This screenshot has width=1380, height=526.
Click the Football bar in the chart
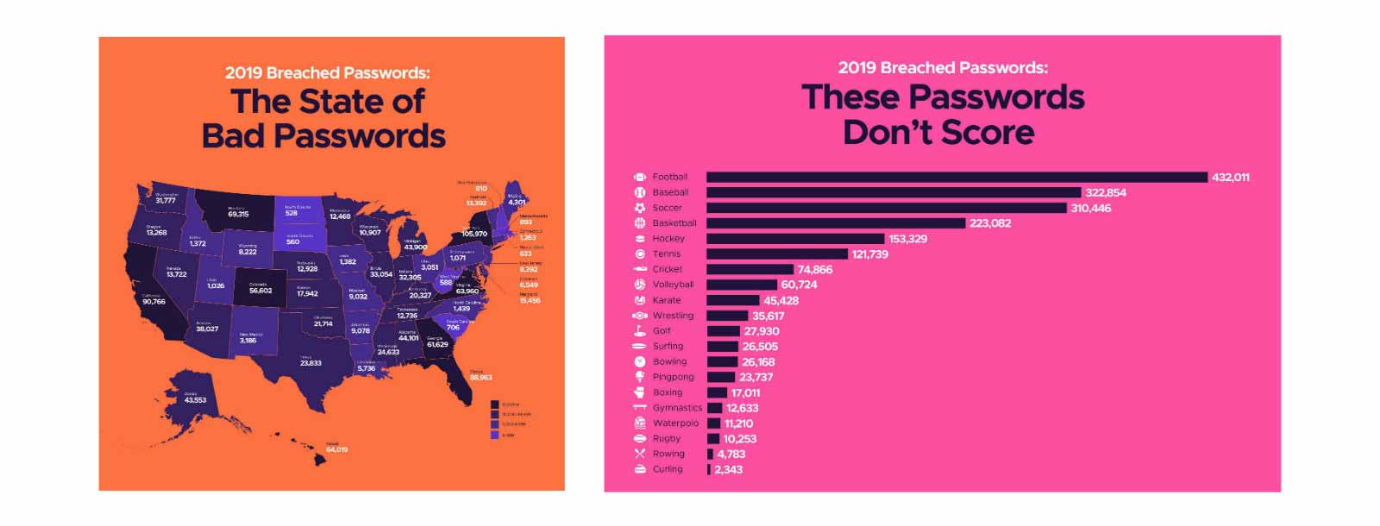pos(956,177)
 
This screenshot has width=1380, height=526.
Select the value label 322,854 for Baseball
pos(1106,192)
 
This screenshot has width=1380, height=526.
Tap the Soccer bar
pos(886,208)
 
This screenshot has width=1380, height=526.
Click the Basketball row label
pos(674,222)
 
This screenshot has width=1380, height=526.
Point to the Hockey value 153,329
pos(907,239)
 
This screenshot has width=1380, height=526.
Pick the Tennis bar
pos(776,254)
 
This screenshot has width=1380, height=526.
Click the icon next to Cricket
pos(640,269)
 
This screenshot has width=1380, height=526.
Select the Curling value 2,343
pos(728,470)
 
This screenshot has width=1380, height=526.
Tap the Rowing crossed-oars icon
pos(640,454)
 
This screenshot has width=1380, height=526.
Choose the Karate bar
pos(733,300)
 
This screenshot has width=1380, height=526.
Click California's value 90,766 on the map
pos(154,302)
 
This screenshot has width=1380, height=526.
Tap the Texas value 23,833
pos(310,363)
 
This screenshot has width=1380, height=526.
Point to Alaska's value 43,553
pos(195,400)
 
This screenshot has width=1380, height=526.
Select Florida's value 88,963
pos(480,377)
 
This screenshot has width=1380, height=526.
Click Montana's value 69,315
pos(238,214)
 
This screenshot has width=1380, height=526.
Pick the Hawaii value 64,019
pos(336,449)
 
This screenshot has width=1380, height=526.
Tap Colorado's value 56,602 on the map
pos(260,291)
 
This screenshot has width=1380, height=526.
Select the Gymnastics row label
pos(677,408)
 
